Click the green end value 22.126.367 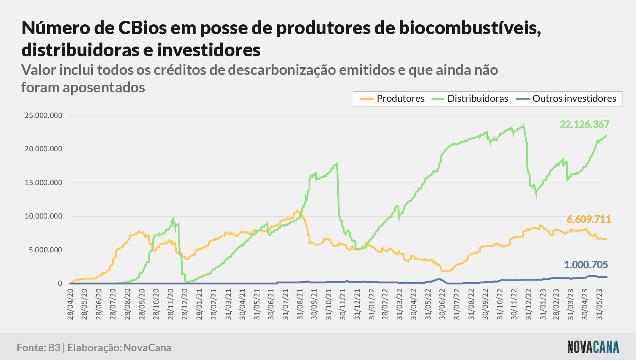(x=584, y=124)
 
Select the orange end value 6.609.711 (x=589, y=219)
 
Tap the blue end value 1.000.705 (x=586, y=265)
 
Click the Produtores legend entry (x=392, y=99)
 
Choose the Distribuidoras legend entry (x=470, y=99)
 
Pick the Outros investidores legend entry (x=566, y=99)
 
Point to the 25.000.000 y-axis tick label (x=44, y=115)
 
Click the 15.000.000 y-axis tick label (x=44, y=183)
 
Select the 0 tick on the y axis (x=60, y=283)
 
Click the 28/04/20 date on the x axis (x=70, y=304)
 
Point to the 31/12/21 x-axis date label (x=357, y=304)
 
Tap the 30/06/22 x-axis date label (x=442, y=304)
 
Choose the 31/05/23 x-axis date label (x=599, y=304)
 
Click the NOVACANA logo (x=593, y=347)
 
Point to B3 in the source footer (x=54, y=348)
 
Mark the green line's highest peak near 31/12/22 (x=524, y=125)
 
